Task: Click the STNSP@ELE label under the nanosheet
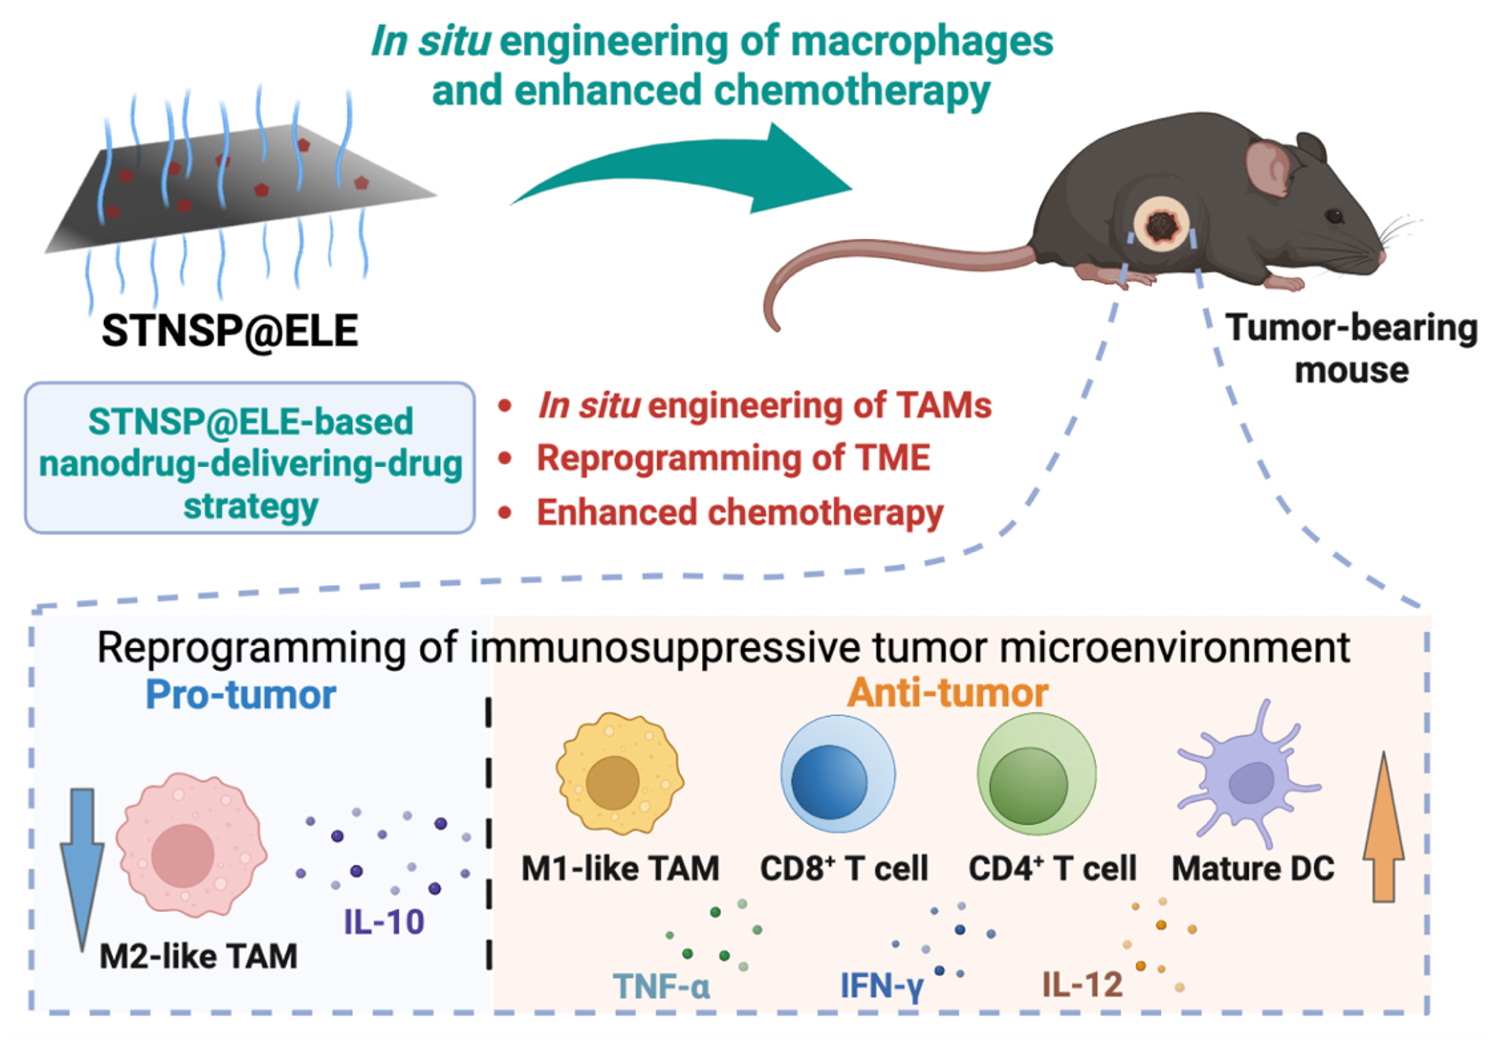coord(230,331)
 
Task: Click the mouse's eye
coord(1334,216)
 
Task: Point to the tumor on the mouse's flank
coord(1162,226)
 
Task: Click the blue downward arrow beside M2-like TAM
coord(82,861)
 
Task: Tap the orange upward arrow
coord(1383,828)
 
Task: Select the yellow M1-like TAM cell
coord(618,775)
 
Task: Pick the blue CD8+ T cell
coord(837,775)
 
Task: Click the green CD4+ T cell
coord(1036,775)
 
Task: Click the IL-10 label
coord(384,922)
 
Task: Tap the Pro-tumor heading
coord(240,694)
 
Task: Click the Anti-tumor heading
coord(947,692)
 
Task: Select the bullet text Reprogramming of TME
coord(733,458)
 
